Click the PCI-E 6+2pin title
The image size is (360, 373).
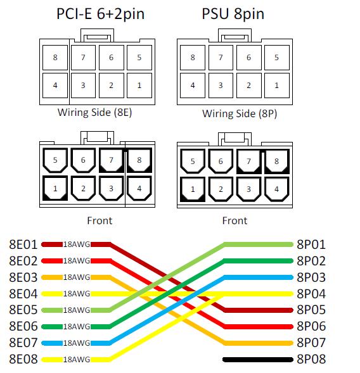pyautogui.click(x=101, y=14)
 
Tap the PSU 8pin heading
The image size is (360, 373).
pyautogui.click(x=233, y=14)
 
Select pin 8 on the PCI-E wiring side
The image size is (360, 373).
pyautogui.click(x=55, y=58)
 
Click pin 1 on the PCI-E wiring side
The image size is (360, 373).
pyautogui.click(x=139, y=85)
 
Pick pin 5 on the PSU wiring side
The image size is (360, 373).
pyautogui.click(x=277, y=58)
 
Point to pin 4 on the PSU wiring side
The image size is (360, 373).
pyautogui.click(x=193, y=85)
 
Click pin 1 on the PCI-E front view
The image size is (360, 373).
pyautogui.click(x=55, y=188)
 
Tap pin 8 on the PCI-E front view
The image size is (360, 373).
pyautogui.click(x=139, y=160)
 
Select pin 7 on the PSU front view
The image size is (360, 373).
pyautogui.click(x=248, y=161)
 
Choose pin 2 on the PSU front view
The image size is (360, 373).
pyautogui.click(x=221, y=189)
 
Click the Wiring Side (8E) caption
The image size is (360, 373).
pyautogui.click(x=95, y=112)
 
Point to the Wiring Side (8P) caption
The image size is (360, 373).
pyautogui.click(x=240, y=113)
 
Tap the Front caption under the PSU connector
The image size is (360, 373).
pyautogui.click(x=235, y=220)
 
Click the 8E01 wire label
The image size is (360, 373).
pyautogui.click(x=23, y=244)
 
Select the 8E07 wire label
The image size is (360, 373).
pyautogui.click(x=23, y=343)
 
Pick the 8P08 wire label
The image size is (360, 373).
pyautogui.click(x=311, y=359)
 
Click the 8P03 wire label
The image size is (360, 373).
pyautogui.click(x=311, y=277)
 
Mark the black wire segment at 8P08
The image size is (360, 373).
pyautogui.click(x=258, y=360)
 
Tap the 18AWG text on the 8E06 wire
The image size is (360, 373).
pyautogui.click(x=77, y=327)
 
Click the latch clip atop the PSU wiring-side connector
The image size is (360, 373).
pyautogui.click(x=235, y=35)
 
